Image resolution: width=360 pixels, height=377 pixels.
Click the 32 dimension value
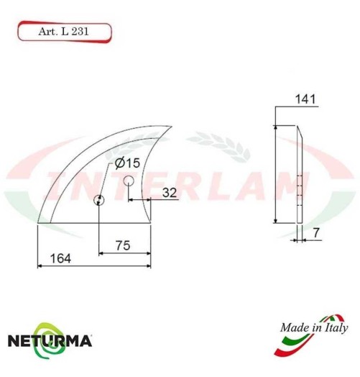tap(170, 192)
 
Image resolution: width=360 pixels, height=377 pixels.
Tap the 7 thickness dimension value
tap(315, 235)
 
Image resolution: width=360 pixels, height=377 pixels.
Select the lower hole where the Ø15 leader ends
tap(98, 201)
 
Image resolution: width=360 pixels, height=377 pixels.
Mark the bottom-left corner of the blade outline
tap(37, 223)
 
